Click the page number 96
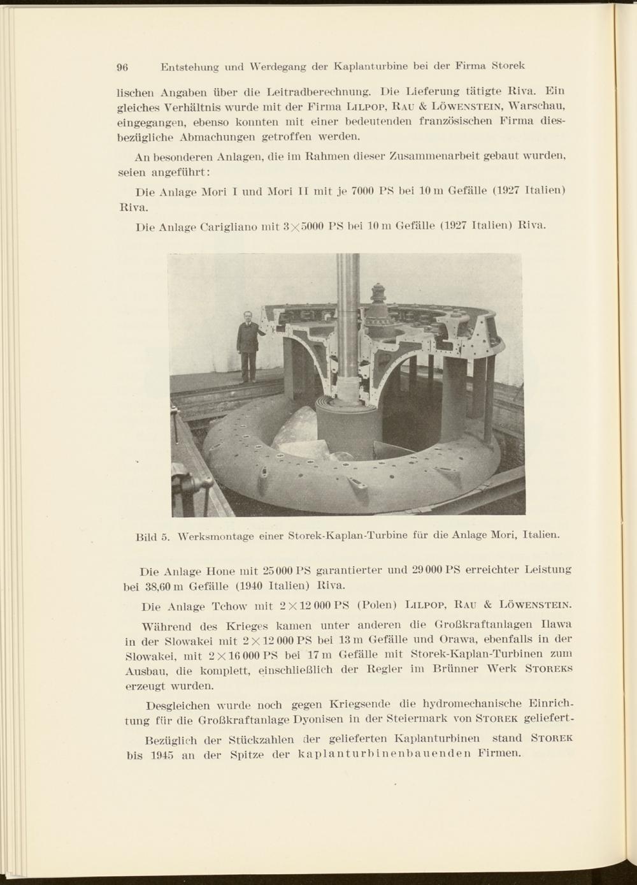(123, 66)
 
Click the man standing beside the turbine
(246, 345)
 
